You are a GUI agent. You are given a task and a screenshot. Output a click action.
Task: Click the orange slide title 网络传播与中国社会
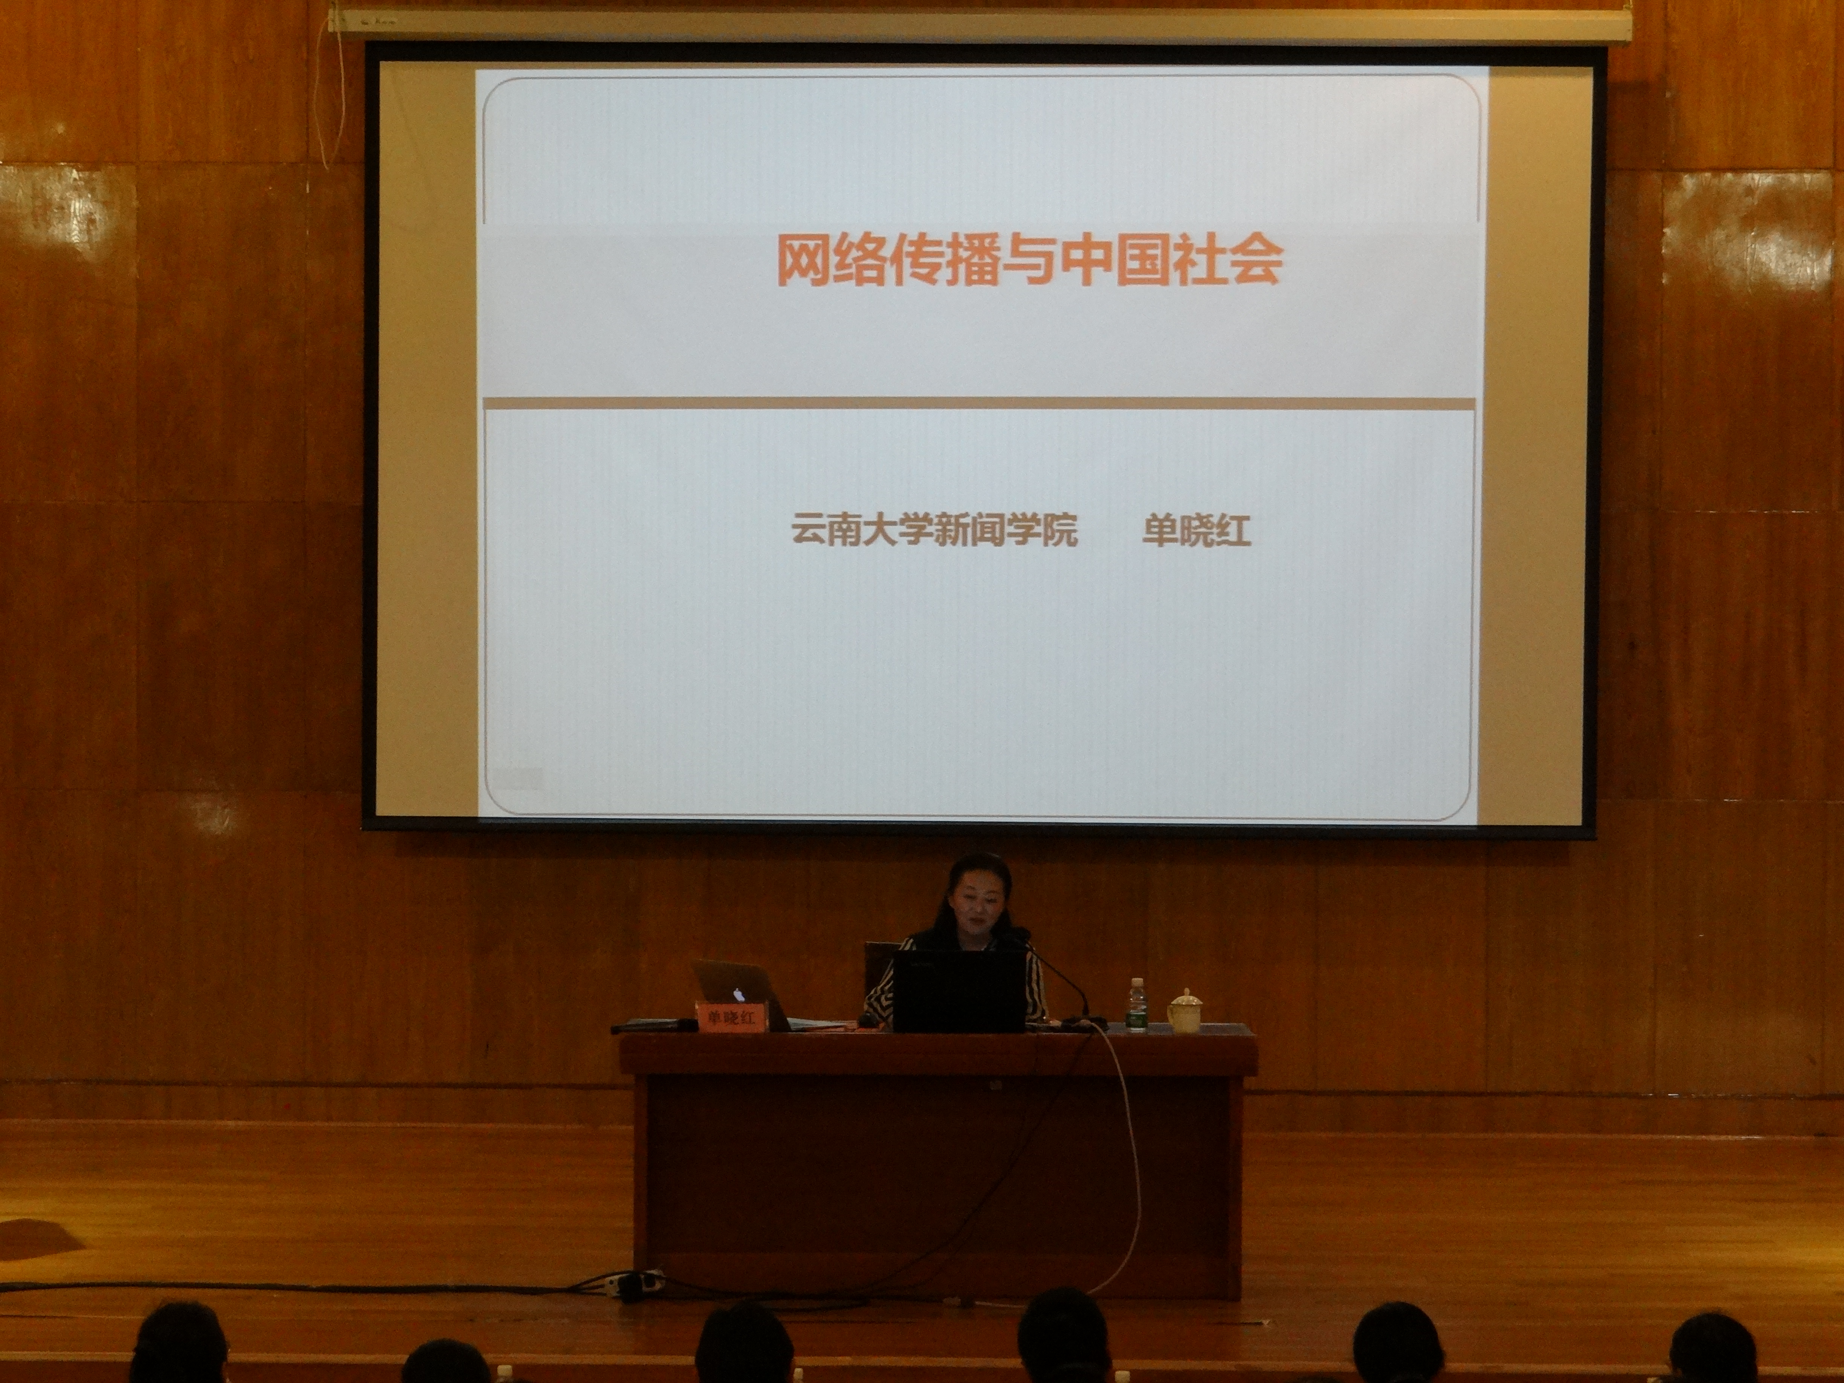tap(1030, 259)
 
